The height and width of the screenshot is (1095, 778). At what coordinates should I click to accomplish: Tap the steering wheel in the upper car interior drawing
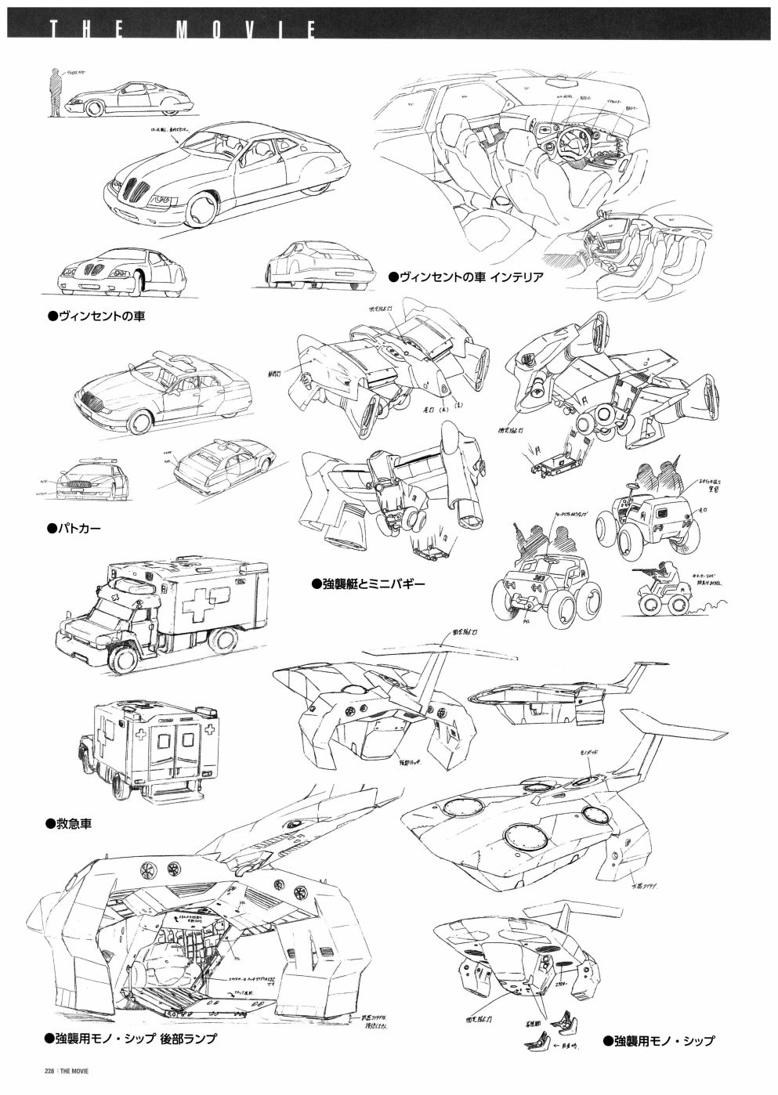pyautogui.click(x=570, y=146)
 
